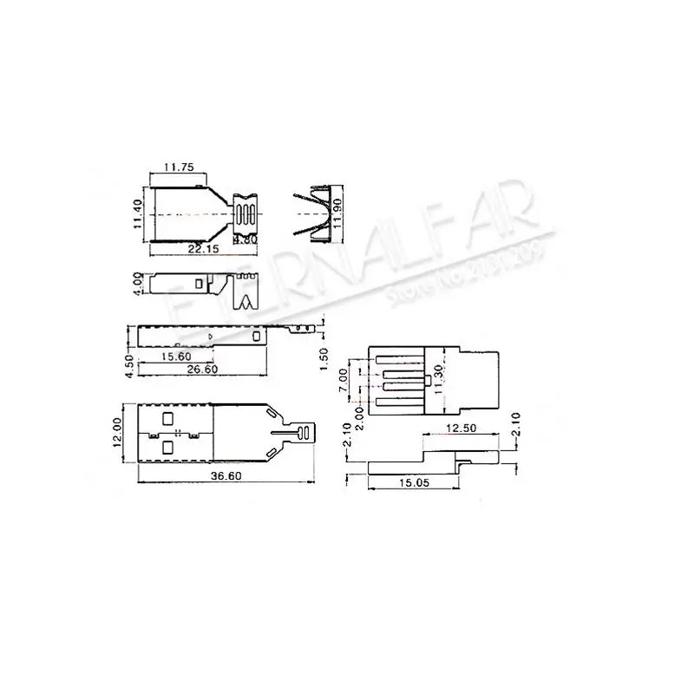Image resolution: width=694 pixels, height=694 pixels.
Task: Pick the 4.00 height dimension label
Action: tap(136, 284)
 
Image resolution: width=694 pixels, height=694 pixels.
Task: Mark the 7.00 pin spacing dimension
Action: tap(344, 378)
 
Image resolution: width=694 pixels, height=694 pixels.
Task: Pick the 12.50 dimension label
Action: tap(464, 428)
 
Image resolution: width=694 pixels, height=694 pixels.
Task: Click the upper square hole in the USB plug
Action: tap(167, 419)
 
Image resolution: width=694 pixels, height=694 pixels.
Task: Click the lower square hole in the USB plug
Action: tap(167, 447)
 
